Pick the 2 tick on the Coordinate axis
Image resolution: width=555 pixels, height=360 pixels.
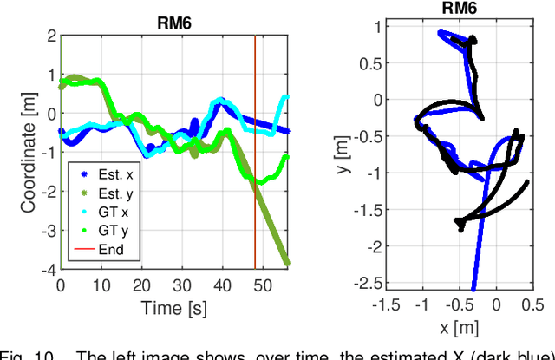(x=51, y=36)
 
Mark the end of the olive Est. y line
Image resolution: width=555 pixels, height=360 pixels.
(x=287, y=262)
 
